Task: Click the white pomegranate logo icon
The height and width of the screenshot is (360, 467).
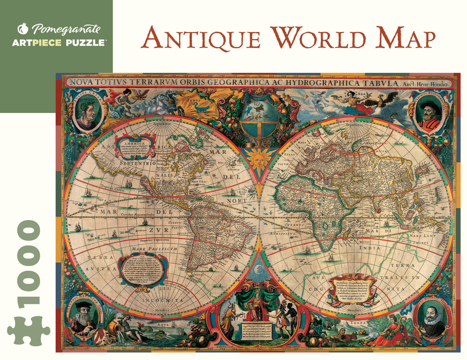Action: pos(23,28)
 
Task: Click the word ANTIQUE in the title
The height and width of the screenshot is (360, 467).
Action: pos(201,38)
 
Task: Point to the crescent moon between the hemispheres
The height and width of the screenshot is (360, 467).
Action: pos(258,268)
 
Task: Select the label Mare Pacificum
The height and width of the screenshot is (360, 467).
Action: pos(154,249)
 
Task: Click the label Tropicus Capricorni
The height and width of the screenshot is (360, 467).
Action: pos(154,240)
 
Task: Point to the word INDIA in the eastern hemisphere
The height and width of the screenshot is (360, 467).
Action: pos(370,248)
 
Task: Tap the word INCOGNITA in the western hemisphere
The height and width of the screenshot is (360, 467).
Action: pos(163,300)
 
